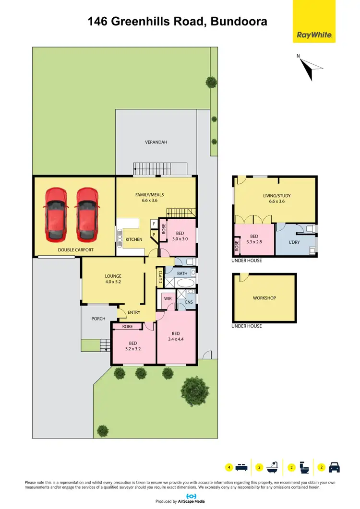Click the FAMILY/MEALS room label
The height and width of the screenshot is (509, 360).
pos(149,194)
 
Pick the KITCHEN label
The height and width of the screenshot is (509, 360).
pos(134,239)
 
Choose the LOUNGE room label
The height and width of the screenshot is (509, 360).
pos(113,276)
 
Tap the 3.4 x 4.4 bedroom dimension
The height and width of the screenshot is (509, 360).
pos(176,340)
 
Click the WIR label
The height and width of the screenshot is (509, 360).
pos(168,298)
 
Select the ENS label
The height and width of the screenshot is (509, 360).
pos(189,303)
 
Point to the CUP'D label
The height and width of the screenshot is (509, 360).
pos(160,278)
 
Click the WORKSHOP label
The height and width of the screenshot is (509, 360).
pos(264,298)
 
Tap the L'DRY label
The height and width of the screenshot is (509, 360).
pos(294,242)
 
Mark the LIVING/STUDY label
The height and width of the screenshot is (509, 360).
pos(277,196)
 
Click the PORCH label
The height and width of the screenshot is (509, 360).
pos(98,319)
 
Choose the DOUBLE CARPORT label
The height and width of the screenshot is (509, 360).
pos(75,250)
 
